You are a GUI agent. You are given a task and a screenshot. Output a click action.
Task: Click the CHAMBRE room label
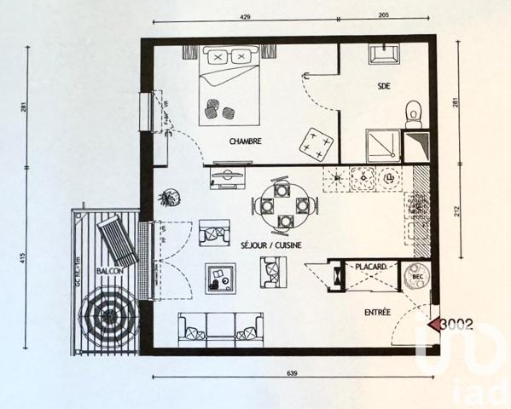pyautogui.click(x=245, y=142)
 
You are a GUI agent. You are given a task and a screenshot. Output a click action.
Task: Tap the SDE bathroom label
pyautogui.click(x=388, y=86)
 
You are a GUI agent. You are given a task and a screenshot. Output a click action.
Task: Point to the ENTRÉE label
pyautogui.click(x=377, y=313)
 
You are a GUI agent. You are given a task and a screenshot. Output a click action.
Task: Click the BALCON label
pyautogui.click(x=110, y=270)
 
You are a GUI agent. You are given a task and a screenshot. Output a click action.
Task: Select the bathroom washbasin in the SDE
pyautogui.click(x=380, y=54)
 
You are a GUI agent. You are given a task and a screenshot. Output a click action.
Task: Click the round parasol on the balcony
pyautogui.click(x=107, y=318)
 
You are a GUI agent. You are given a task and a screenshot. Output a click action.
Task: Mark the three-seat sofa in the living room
pyautogui.click(x=220, y=326)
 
